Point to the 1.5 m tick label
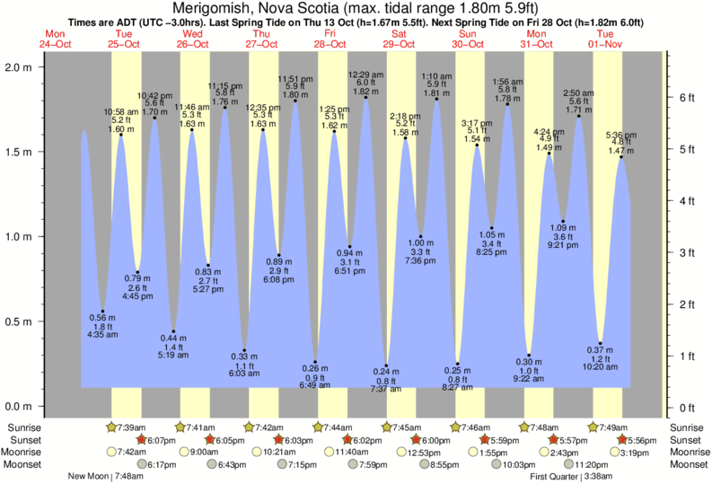point(18,152)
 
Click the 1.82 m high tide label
point(365,92)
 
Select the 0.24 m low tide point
point(387,365)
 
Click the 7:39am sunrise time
point(132,427)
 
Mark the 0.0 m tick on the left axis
point(18,406)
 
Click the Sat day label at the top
point(399,34)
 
